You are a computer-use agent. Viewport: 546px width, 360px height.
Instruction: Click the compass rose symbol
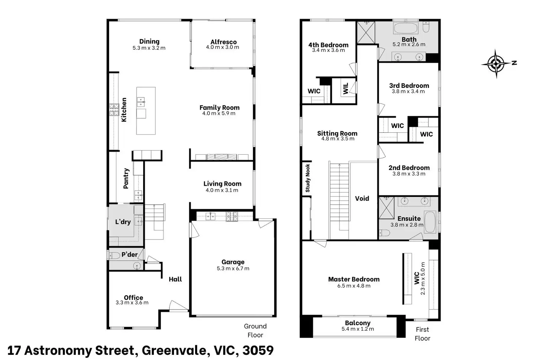[x=496, y=64]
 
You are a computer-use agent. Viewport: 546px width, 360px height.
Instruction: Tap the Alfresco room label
[x=224, y=42]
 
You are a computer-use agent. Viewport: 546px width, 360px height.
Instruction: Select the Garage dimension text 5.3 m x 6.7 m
[x=233, y=268]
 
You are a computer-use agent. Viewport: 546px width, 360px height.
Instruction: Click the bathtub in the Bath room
[x=405, y=28]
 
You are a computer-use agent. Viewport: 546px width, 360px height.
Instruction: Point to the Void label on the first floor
[x=362, y=198]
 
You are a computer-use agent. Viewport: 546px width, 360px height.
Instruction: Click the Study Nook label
[x=307, y=178]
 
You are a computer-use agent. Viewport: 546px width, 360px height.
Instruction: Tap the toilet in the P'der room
[x=114, y=255]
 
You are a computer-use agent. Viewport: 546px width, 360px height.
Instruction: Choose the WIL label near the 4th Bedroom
[x=346, y=88]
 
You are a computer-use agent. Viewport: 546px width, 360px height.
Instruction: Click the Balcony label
[x=358, y=323]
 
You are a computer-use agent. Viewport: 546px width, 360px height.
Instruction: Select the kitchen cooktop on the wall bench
[x=114, y=110]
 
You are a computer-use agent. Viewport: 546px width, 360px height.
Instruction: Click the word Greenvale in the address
[x=174, y=350]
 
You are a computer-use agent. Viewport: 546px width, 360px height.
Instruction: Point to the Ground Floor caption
[x=255, y=331]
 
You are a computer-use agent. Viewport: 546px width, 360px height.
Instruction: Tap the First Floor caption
[x=422, y=334]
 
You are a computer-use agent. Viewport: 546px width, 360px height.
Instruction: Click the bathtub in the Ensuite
[x=430, y=222]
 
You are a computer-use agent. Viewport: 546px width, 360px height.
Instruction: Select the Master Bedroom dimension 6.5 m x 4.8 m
[x=354, y=286]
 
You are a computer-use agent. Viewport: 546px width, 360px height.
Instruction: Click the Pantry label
[x=126, y=178]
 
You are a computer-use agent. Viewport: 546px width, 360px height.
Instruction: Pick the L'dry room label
[x=123, y=222]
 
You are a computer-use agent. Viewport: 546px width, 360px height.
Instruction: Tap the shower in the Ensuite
[x=387, y=208]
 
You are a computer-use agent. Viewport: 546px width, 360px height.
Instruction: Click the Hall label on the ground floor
[x=175, y=279]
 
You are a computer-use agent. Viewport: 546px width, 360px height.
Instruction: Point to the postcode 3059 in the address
[x=258, y=350]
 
